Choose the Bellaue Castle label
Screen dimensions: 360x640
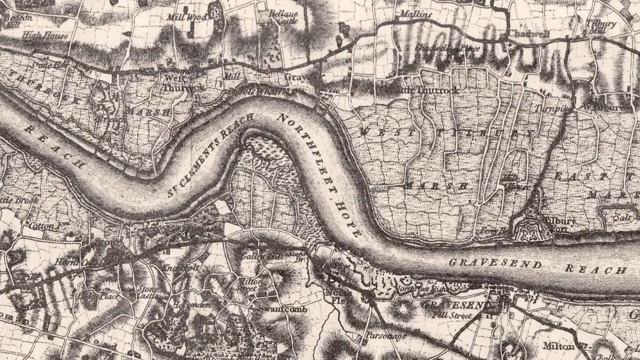click(x=282, y=16)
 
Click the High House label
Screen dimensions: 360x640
click(x=45, y=36)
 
